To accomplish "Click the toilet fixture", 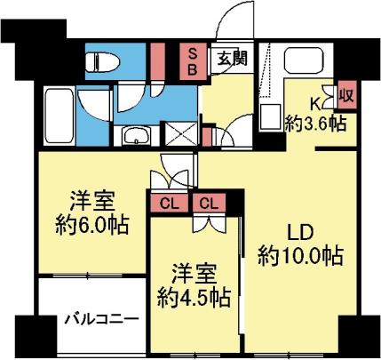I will pyautogui.click(x=99, y=61).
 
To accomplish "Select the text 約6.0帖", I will pyautogui.click(x=91, y=224).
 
